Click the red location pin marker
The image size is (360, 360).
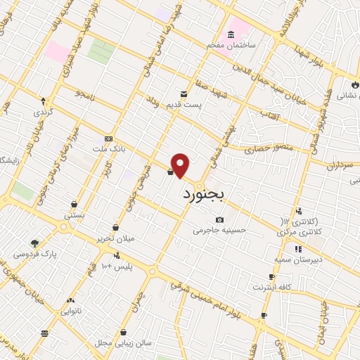click(x=181, y=165)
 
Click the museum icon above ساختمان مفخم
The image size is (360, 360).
click(x=231, y=35)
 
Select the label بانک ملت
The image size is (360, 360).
click(x=108, y=150)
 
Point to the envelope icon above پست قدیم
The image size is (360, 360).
click(x=184, y=94)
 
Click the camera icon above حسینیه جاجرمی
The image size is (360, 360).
click(x=220, y=219)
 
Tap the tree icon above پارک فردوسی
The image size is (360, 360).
click(x=34, y=243)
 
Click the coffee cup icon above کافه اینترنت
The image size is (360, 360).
click(x=272, y=277)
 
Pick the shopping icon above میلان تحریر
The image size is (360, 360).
click(x=115, y=228)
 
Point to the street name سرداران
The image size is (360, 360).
click(x=337, y=165)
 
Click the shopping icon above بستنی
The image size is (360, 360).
click(x=74, y=205)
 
